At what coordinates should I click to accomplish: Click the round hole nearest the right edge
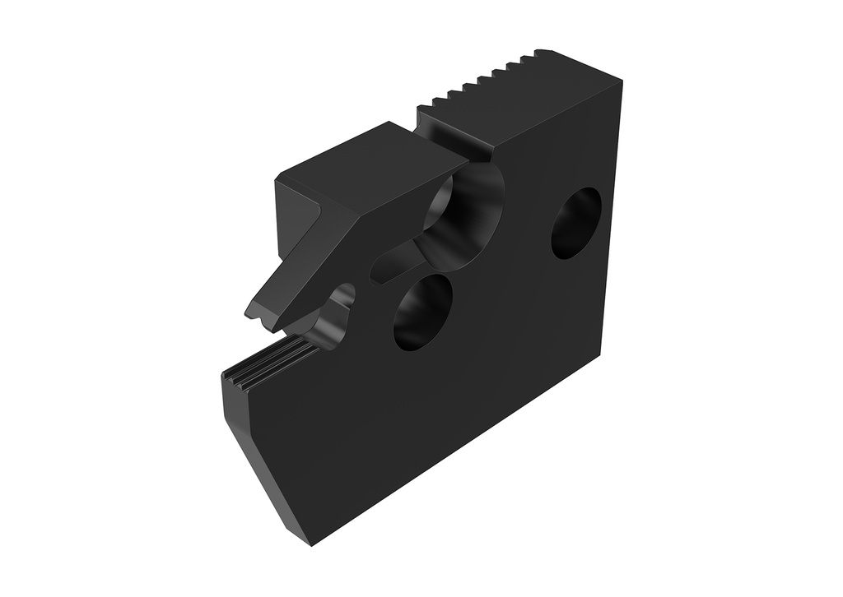pyautogui.click(x=575, y=223)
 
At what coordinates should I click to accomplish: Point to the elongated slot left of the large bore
pyautogui.click(x=395, y=262)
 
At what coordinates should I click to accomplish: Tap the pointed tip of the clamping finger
pyautogui.click(x=251, y=312)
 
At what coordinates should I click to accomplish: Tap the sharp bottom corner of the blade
pyautogui.click(x=311, y=544)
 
